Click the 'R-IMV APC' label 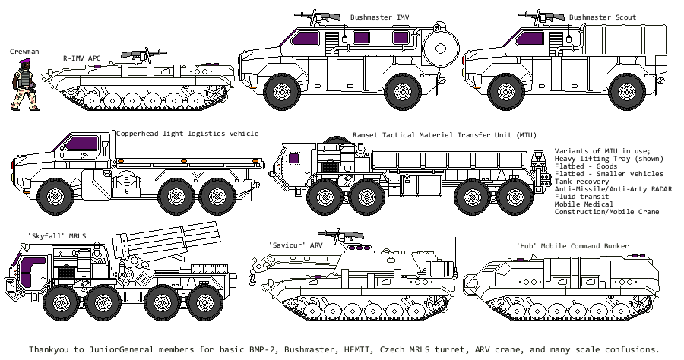[81, 57]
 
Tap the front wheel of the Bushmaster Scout [503, 93]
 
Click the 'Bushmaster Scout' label [603, 17]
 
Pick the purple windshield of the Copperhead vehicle [79, 142]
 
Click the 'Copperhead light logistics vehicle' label [187, 134]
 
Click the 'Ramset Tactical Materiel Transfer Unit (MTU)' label [445, 134]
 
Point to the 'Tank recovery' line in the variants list [581, 182]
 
